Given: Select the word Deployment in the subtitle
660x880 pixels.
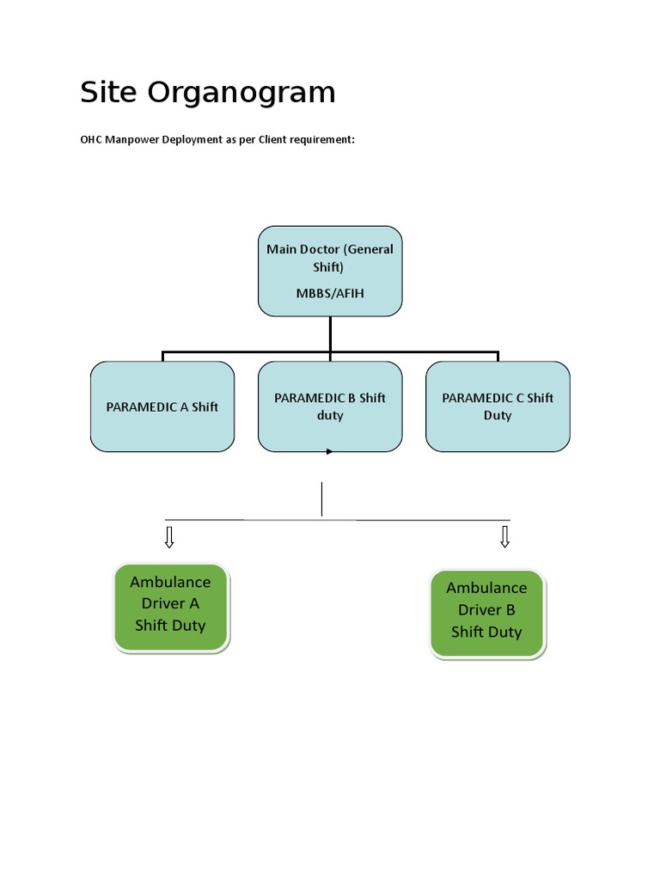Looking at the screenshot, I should tap(186, 139).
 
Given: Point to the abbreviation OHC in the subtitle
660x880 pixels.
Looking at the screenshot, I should tap(92, 139).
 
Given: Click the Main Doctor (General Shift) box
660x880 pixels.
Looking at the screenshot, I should tap(330, 271).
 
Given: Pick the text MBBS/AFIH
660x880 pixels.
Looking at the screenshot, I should tap(330, 293).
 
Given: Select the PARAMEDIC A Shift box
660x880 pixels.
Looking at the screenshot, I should tap(162, 406).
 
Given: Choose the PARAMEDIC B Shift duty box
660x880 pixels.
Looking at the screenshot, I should tap(330, 406).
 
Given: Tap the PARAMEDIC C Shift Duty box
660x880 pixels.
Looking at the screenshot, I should tap(498, 406).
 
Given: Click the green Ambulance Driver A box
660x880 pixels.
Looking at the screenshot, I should tap(171, 607).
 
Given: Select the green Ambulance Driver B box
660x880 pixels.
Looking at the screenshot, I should tap(487, 613).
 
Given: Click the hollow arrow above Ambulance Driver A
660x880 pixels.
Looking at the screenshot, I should tap(169, 537).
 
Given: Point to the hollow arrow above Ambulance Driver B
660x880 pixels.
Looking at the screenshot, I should tap(505, 537).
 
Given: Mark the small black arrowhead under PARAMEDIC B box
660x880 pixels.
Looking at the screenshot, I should tap(329, 452).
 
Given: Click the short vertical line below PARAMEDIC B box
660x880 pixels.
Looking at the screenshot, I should tap(321, 499).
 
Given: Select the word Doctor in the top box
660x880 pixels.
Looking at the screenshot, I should tap(319, 249).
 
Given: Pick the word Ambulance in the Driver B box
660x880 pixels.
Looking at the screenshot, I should tap(486, 588).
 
